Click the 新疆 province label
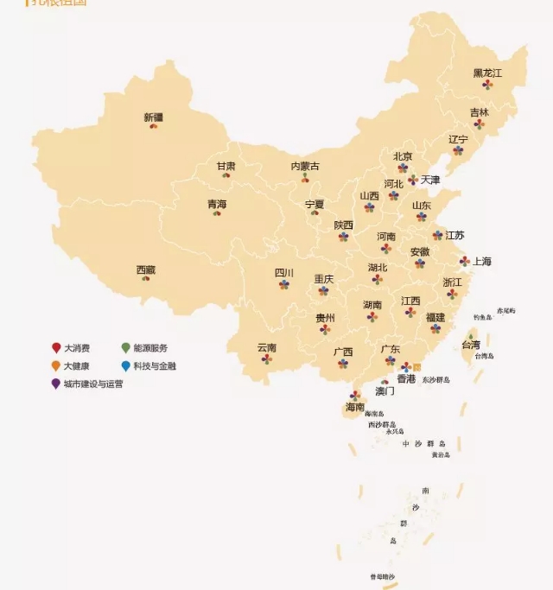[x=153, y=117]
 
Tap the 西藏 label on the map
[x=146, y=270]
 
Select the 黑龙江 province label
[x=487, y=73]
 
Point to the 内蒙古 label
[x=304, y=166]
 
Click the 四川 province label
[x=284, y=273]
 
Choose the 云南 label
[x=266, y=347]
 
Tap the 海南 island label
[x=355, y=406]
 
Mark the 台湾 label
[x=471, y=344]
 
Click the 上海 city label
[x=481, y=261]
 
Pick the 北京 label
[x=403, y=156]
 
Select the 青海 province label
[x=217, y=204]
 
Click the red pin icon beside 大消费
[x=56, y=348]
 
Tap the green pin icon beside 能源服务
[x=126, y=348]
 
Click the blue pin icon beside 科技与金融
[x=126, y=365]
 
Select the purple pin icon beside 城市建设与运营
[x=56, y=384]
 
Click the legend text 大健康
[x=77, y=366]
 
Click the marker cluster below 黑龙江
[x=487, y=85]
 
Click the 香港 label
[x=406, y=378]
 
